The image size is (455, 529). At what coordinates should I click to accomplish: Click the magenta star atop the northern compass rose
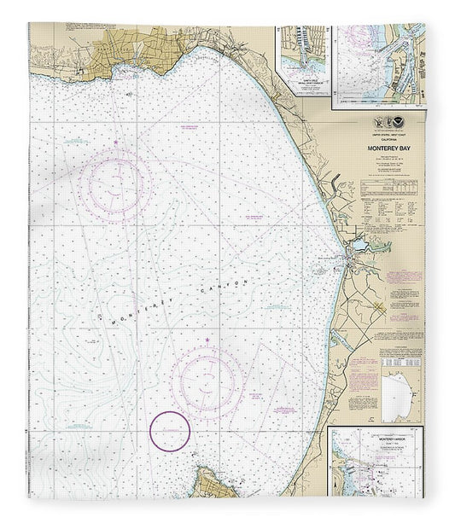click(x=116, y=141)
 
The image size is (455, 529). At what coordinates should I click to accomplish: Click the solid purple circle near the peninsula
click(x=169, y=430)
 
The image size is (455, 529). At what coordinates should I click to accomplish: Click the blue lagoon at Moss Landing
click(x=358, y=246)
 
